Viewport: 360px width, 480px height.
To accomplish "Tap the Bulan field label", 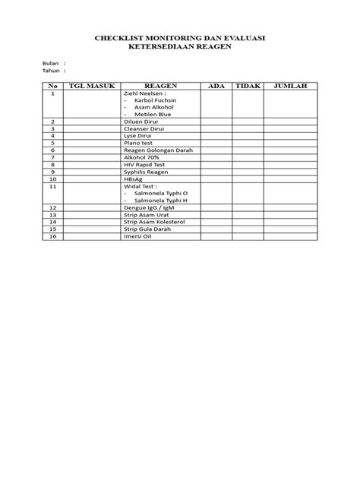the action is point(49,63).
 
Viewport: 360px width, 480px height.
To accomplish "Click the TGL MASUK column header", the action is point(91,86).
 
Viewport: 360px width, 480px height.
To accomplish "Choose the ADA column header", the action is point(215,86).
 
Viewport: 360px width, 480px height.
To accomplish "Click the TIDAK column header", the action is point(248,86).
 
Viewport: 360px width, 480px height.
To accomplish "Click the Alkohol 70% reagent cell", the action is point(141,157).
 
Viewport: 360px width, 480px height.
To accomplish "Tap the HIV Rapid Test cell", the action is point(144,164).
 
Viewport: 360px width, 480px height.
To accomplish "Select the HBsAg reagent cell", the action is point(134,178).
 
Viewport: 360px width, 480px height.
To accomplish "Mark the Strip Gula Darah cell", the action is point(147,229).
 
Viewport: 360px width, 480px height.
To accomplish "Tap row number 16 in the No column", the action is point(53,236).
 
